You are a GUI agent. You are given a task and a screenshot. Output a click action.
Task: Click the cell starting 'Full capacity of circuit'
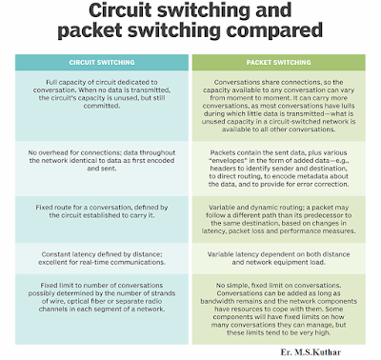pyautogui.click(x=98, y=105)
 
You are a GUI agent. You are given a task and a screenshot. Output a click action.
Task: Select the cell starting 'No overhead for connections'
pyautogui.click(x=98, y=169)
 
